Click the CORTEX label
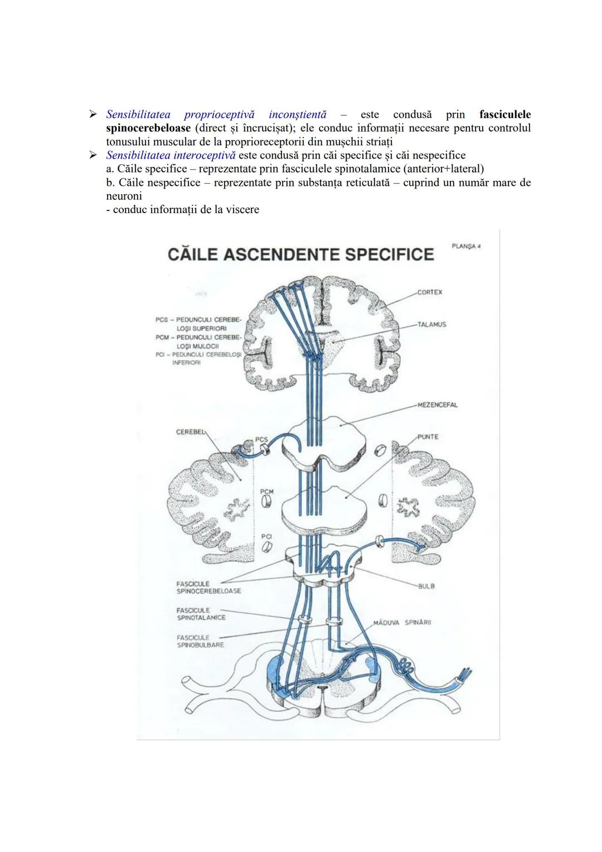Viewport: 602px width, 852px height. tap(430, 292)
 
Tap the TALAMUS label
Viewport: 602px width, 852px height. tap(432, 325)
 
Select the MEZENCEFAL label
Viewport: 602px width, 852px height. tap(438, 405)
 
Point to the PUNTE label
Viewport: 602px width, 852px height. tap(428, 437)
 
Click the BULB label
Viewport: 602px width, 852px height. tap(426, 586)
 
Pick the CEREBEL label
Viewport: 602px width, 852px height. tap(191, 432)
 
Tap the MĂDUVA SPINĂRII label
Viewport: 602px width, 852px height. tap(403, 622)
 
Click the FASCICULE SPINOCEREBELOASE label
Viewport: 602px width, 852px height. tap(208, 588)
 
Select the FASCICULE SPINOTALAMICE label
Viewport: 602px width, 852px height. tap(201, 614)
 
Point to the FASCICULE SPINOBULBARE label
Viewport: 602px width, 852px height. tap(200, 642)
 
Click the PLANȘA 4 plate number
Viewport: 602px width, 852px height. tap(466, 247)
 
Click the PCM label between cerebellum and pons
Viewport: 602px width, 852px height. tap(267, 492)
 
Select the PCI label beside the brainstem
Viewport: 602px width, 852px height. tap(266, 537)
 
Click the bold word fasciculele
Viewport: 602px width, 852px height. tap(505, 114)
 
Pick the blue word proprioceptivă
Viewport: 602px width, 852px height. tap(219, 114)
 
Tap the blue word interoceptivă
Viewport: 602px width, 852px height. tap(204, 155)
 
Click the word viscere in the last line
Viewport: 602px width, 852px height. tap(241, 210)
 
